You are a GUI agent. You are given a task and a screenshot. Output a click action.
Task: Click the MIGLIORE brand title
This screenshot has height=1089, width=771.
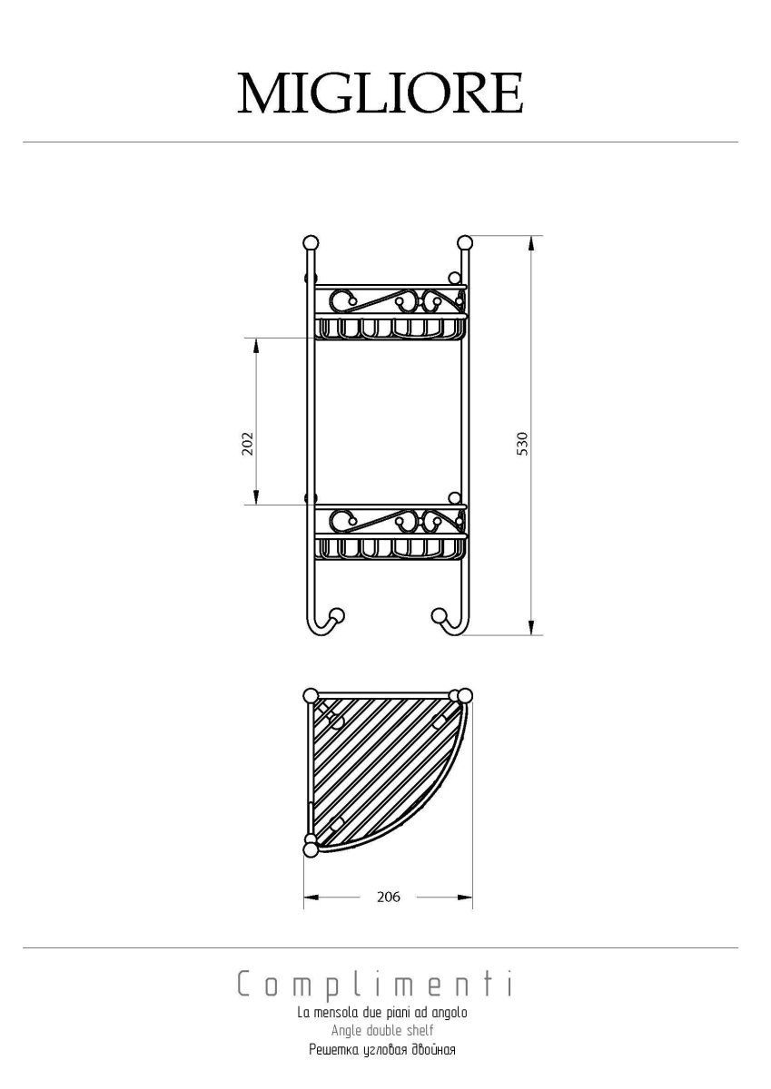380,93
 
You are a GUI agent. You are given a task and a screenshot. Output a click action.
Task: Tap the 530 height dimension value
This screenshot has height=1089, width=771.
523,444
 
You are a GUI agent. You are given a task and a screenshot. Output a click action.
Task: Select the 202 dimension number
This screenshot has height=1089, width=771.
248,443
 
